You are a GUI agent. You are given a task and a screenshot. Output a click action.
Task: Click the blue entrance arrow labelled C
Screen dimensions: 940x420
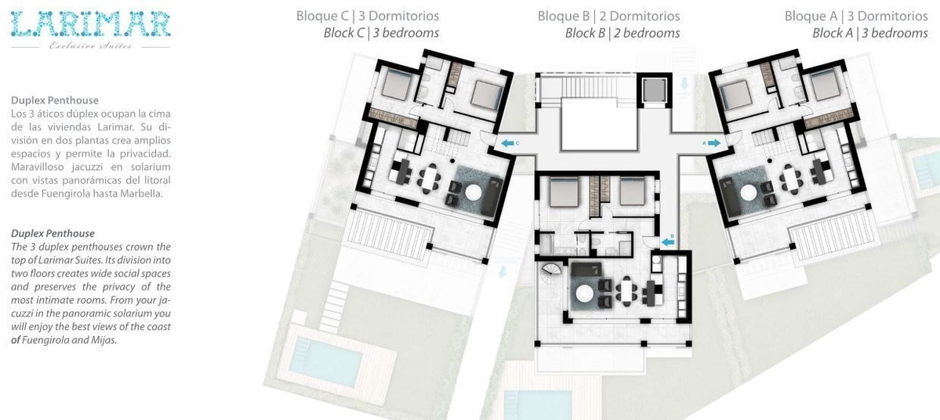[x=508, y=143]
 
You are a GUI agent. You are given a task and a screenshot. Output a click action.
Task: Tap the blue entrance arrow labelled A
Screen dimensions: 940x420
[x=714, y=143]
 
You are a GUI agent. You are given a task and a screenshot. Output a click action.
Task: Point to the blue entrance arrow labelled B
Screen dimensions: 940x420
[x=669, y=242]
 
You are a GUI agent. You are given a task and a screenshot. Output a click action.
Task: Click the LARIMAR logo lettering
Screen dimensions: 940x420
[x=90, y=24]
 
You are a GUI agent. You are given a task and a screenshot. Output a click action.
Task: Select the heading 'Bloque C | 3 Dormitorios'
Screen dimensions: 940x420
[x=368, y=16]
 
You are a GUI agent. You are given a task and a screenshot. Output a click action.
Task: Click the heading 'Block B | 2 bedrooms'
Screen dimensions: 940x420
[x=622, y=33]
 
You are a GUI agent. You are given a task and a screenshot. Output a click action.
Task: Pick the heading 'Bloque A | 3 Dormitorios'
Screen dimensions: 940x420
[x=856, y=16]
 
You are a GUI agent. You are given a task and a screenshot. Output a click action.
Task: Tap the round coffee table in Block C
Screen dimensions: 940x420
[x=474, y=192]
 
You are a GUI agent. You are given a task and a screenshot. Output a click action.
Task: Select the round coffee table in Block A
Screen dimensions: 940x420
[x=748, y=192]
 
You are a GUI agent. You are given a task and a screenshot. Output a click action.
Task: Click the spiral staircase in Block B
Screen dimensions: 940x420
[x=551, y=275]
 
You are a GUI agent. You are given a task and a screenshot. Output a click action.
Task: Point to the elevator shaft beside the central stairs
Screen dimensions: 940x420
[x=651, y=90]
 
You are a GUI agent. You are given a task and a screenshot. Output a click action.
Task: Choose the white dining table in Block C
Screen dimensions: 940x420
[x=430, y=177]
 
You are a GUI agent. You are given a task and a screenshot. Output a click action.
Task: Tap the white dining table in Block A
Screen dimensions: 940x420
[x=793, y=177]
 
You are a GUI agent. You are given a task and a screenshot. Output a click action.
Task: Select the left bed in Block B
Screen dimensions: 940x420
[x=564, y=192]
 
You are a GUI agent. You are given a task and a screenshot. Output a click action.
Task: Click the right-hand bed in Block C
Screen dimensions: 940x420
[x=486, y=95]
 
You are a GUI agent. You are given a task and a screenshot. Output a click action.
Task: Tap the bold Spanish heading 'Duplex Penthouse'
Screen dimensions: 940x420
[x=55, y=100]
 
